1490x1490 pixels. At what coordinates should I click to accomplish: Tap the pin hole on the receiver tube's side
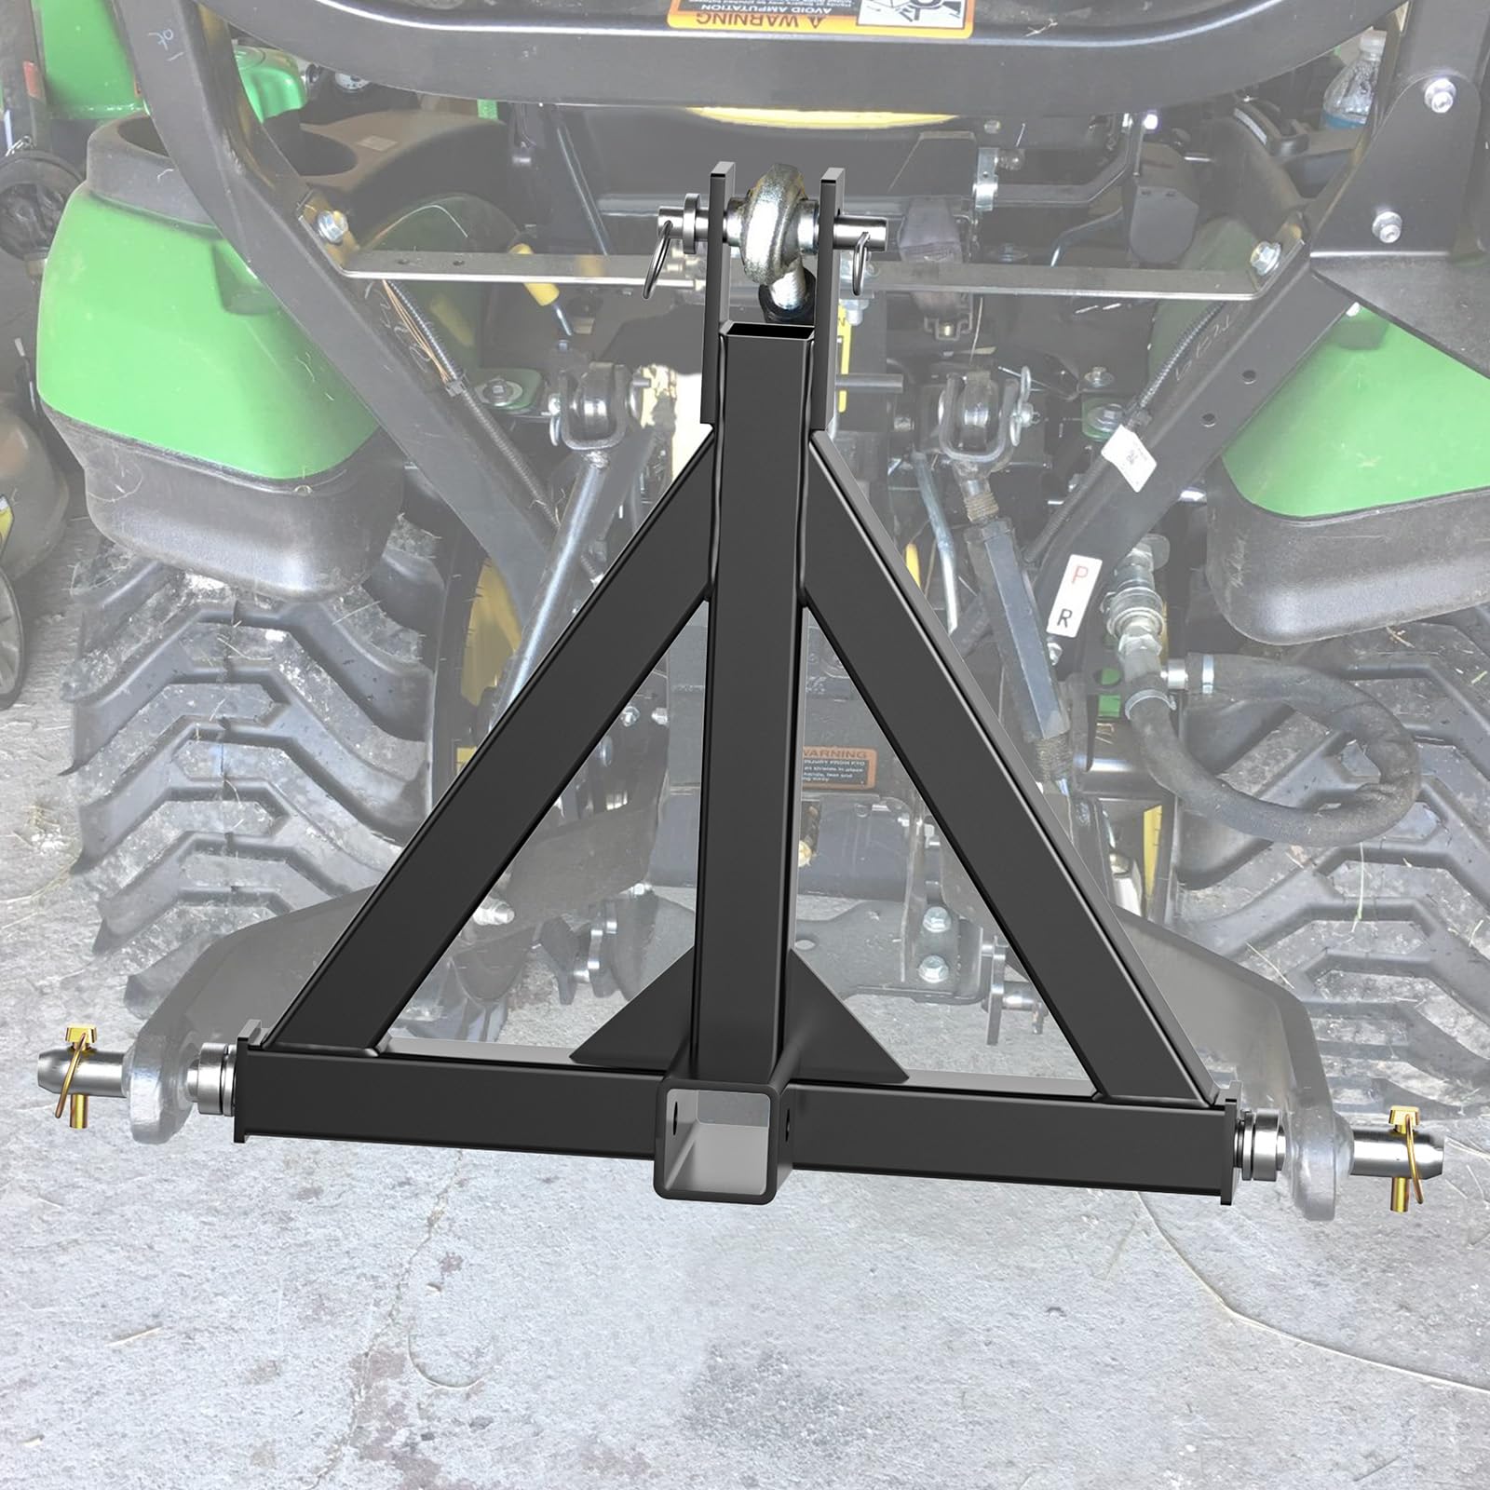tap(672, 1113)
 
